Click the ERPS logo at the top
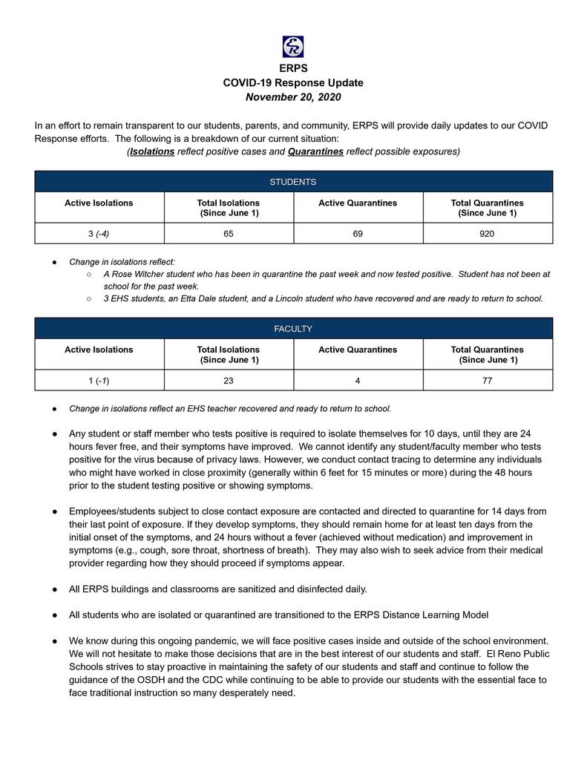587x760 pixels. [x=293, y=47]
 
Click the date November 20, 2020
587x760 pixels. [x=293, y=96]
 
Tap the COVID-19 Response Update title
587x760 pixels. [x=293, y=82]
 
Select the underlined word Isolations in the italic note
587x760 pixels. [x=152, y=151]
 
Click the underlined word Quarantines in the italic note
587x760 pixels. [x=315, y=151]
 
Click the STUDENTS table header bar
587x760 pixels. [x=293, y=182]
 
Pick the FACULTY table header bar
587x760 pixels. [x=293, y=329]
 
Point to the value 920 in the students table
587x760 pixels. [x=487, y=234]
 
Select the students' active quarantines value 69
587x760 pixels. [x=358, y=234]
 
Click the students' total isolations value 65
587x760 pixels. [x=228, y=234]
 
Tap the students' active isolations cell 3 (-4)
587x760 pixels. [x=99, y=234]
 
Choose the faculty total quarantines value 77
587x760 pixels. [x=487, y=380]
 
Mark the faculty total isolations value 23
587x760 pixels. [x=228, y=380]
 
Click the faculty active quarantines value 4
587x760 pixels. [x=358, y=380]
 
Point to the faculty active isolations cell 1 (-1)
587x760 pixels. [x=99, y=380]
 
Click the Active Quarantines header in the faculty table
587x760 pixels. [x=358, y=350]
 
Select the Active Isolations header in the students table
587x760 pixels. [x=99, y=203]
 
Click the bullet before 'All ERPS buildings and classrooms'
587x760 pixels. [x=55, y=589]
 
